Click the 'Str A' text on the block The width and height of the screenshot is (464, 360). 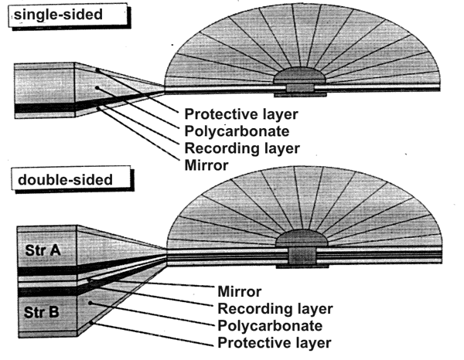[44, 249]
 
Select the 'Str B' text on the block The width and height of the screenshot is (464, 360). [43, 314]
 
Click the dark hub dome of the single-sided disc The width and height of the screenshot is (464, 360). [301, 78]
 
